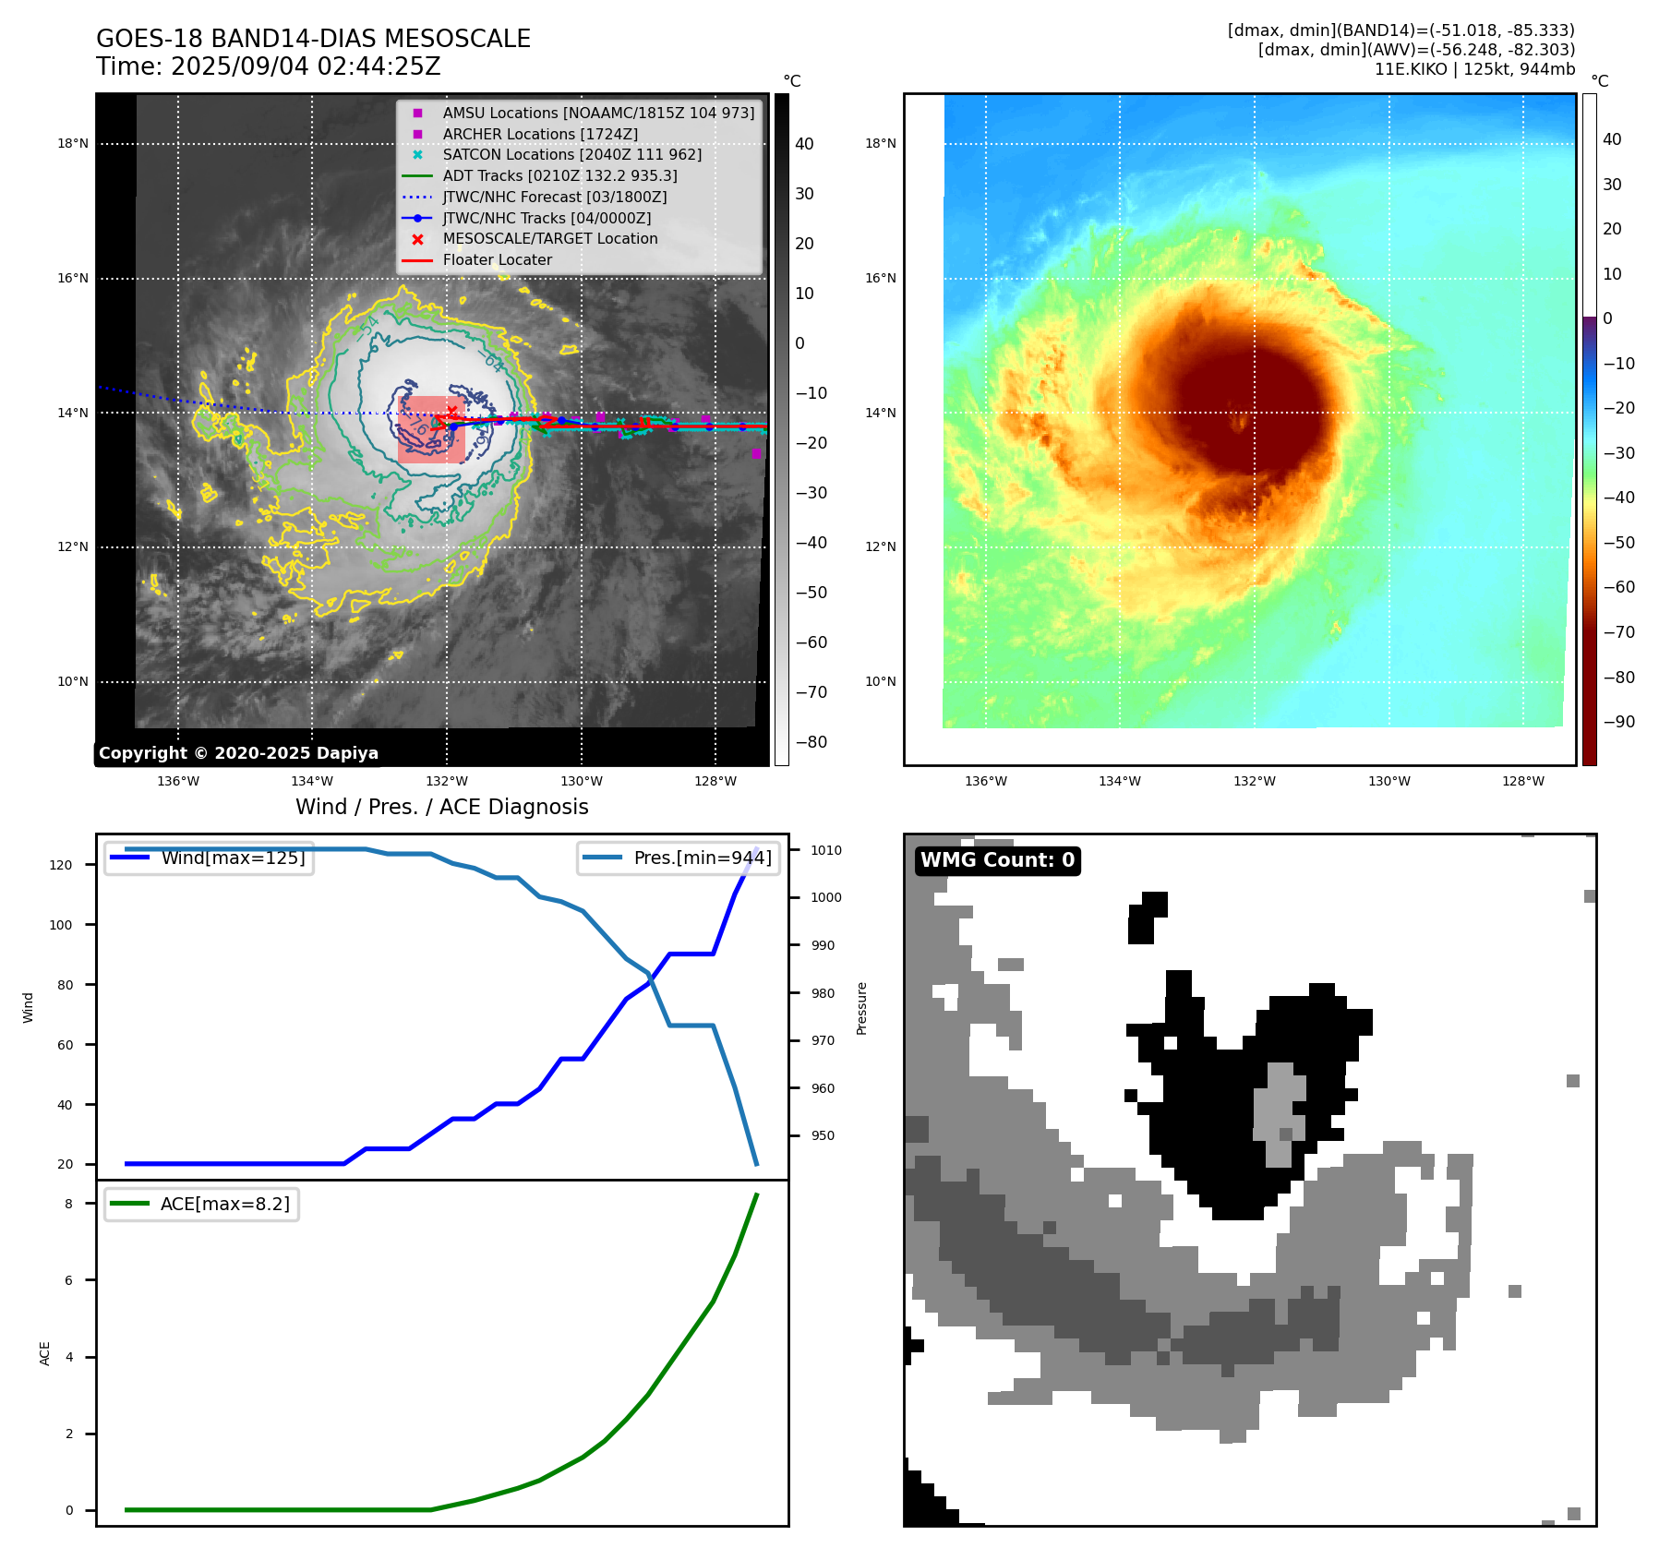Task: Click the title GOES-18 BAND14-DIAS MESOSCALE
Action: (313, 39)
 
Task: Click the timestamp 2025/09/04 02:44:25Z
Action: (306, 67)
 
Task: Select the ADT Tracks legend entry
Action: (559, 175)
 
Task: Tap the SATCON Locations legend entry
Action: (571, 154)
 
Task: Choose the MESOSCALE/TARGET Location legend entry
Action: (550, 238)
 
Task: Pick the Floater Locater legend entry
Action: (497, 259)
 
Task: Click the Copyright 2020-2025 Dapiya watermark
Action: (238, 753)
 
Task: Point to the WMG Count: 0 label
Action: (997, 860)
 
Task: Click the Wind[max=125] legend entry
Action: (233, 858)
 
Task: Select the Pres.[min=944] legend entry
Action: (703, 858)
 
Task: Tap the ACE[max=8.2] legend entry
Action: (224, 1204)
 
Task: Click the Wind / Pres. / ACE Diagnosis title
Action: (441, 807)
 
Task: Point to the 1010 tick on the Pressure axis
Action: (826, 850)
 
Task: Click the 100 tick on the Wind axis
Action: (61, 925)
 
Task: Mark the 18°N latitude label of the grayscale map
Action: (73, 143)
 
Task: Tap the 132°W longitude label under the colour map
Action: (1254, 781)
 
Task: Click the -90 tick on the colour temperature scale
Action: (1618, 722)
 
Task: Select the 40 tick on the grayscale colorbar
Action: (804, 143)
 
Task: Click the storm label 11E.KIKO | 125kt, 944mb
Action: (1474, 69)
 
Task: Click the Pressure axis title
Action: (861, 1008)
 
